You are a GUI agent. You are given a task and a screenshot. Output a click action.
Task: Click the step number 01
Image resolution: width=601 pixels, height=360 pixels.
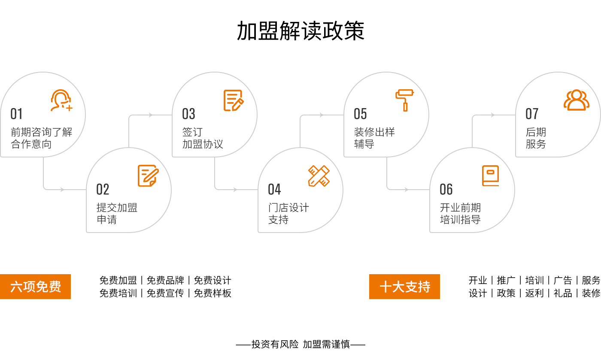click(x=16, y=114)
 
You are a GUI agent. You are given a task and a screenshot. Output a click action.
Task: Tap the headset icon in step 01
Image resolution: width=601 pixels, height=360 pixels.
click(x=61, y=100)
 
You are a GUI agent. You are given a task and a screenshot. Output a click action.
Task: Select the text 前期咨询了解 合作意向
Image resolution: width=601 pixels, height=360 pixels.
click(x=42, y=138)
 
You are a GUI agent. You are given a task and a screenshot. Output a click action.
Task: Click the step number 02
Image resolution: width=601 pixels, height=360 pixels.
click(x=103, y=189)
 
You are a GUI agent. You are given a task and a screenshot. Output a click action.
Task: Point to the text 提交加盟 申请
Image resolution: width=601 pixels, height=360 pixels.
click(x=117, y=214)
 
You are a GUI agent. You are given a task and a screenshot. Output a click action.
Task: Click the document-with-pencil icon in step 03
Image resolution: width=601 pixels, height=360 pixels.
click(x=234, y=100)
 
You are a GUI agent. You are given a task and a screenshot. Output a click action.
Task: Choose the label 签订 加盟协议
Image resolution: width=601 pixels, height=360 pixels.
click(x=203, y=138)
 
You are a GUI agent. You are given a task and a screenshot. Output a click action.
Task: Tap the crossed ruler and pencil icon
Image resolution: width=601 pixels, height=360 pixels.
click(x=319, y=176)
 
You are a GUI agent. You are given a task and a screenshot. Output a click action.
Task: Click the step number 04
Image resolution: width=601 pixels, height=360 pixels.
click(x=274, y=189)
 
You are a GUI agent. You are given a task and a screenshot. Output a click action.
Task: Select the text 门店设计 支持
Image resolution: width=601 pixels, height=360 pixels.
click(x=288, y=214)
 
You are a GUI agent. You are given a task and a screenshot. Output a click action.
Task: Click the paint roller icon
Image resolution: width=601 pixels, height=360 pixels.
click(x=404, y=100)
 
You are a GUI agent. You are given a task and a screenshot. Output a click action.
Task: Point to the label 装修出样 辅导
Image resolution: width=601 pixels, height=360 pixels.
click(x=374, y=138)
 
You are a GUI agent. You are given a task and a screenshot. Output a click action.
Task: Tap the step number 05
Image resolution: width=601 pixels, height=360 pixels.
click(x=360, y=114)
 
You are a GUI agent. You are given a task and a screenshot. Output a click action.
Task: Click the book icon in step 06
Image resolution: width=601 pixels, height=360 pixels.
click(x=490, y=175)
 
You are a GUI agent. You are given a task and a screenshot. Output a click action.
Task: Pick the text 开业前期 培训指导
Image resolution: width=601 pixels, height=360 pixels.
click(x=460, y=214)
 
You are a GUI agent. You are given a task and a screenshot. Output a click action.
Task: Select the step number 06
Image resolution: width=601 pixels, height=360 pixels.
click(x=446, y=189)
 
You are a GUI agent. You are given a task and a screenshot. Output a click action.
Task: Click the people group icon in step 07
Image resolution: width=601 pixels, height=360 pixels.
click(x=576, y=100)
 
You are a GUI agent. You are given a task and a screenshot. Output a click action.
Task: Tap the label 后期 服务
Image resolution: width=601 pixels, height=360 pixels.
click(x=536, y=138)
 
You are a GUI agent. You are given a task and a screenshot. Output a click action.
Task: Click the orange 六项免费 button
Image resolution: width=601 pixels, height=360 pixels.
click(x=36, y=286)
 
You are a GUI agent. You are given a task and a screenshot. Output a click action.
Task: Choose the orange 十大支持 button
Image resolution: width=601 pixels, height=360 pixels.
click(x=404, y=286)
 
